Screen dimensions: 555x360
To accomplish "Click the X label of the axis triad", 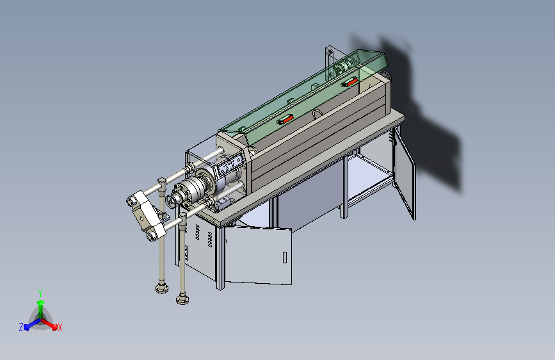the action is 60,327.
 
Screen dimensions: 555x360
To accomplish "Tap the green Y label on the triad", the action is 40,293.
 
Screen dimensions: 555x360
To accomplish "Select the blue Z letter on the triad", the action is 21,327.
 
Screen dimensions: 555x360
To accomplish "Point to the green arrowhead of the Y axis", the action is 41,302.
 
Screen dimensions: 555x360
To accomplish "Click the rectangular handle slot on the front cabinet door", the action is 285,257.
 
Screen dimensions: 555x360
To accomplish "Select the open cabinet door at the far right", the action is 405,173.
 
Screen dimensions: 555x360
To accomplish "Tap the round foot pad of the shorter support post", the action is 162,288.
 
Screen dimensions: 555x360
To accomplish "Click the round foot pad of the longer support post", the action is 182,299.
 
